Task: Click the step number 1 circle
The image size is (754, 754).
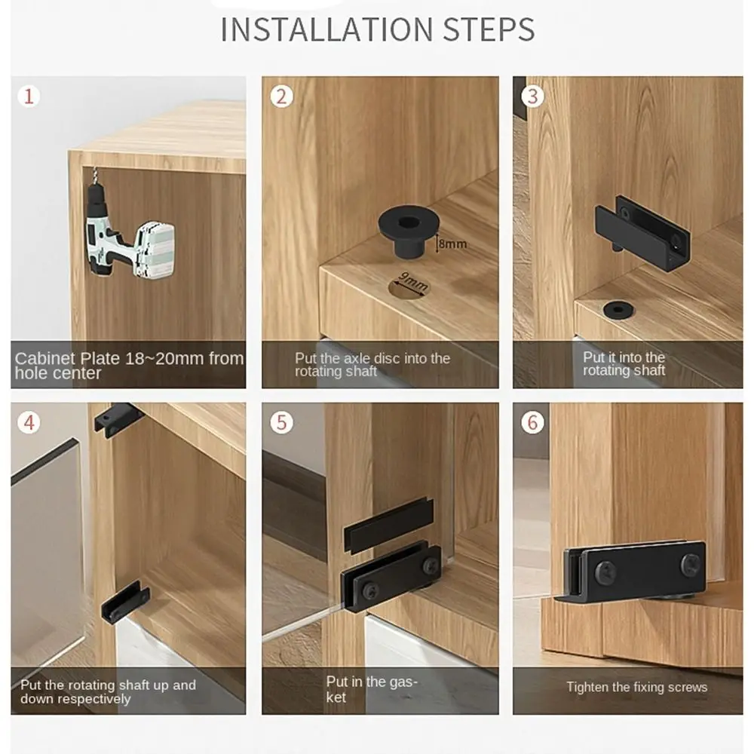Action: click(x=29, y=97)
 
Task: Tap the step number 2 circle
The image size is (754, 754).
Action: click(x=281, y=97)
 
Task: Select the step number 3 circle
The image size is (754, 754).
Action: click(x=532, y=97)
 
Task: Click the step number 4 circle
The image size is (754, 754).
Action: click(x=29, y=422)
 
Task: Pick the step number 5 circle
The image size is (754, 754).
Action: click(x=281, y=422)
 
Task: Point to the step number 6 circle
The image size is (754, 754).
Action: click(x=532, y=422)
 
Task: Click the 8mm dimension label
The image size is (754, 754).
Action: click(x=452, y=244)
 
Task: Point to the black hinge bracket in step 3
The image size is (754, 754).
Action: click(x=641, y=226)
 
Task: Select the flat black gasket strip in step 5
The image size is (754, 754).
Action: click(x=388, y=524)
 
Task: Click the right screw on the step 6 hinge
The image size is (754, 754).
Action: click(x=690, y=564)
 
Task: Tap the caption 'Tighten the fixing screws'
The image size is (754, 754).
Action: click(x=637, y=687)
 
